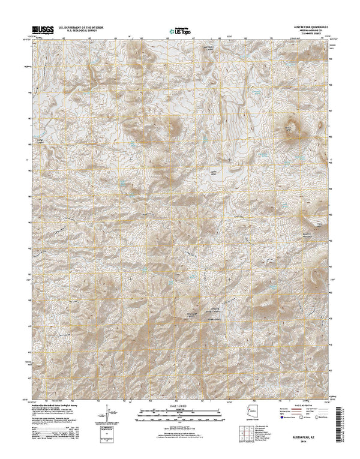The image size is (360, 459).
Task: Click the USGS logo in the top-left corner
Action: click(37, 28)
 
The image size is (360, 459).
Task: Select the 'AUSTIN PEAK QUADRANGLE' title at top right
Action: click(309, 25)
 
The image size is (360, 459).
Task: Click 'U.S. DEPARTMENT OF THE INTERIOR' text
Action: click(82, 26)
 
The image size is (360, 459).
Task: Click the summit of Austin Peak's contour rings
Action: click(292, 133)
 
